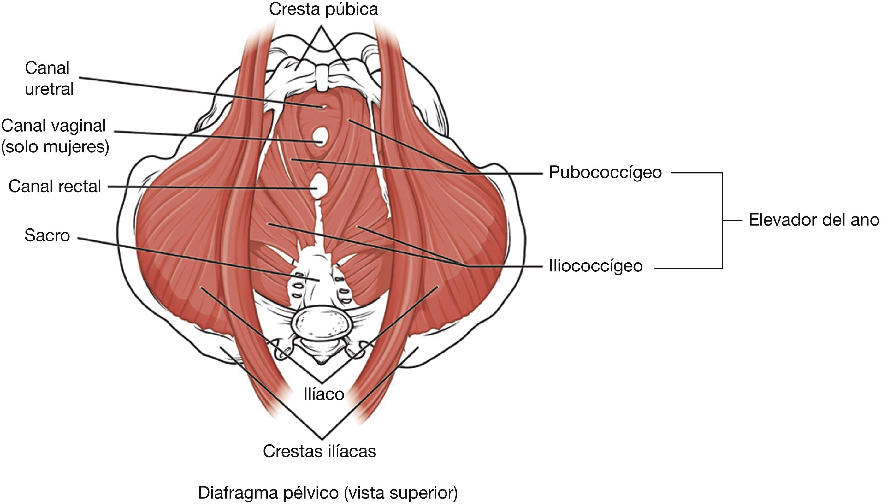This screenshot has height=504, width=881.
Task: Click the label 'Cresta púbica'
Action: [323, 9]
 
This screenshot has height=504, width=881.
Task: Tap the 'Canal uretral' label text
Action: [49, 79]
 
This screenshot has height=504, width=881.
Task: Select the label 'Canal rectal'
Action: [55, 187]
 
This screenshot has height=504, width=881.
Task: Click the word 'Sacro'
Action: [47, 236]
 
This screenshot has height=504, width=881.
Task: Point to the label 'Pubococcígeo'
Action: [605, 172]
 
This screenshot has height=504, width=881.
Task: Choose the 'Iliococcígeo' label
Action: [595, 266]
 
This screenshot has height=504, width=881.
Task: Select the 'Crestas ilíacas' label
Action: [319, 451]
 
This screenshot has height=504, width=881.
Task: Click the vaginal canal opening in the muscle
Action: [320, 137]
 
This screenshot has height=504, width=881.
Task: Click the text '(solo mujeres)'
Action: [55, 147]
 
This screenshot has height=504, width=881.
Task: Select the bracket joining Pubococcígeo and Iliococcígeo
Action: [722, 220]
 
